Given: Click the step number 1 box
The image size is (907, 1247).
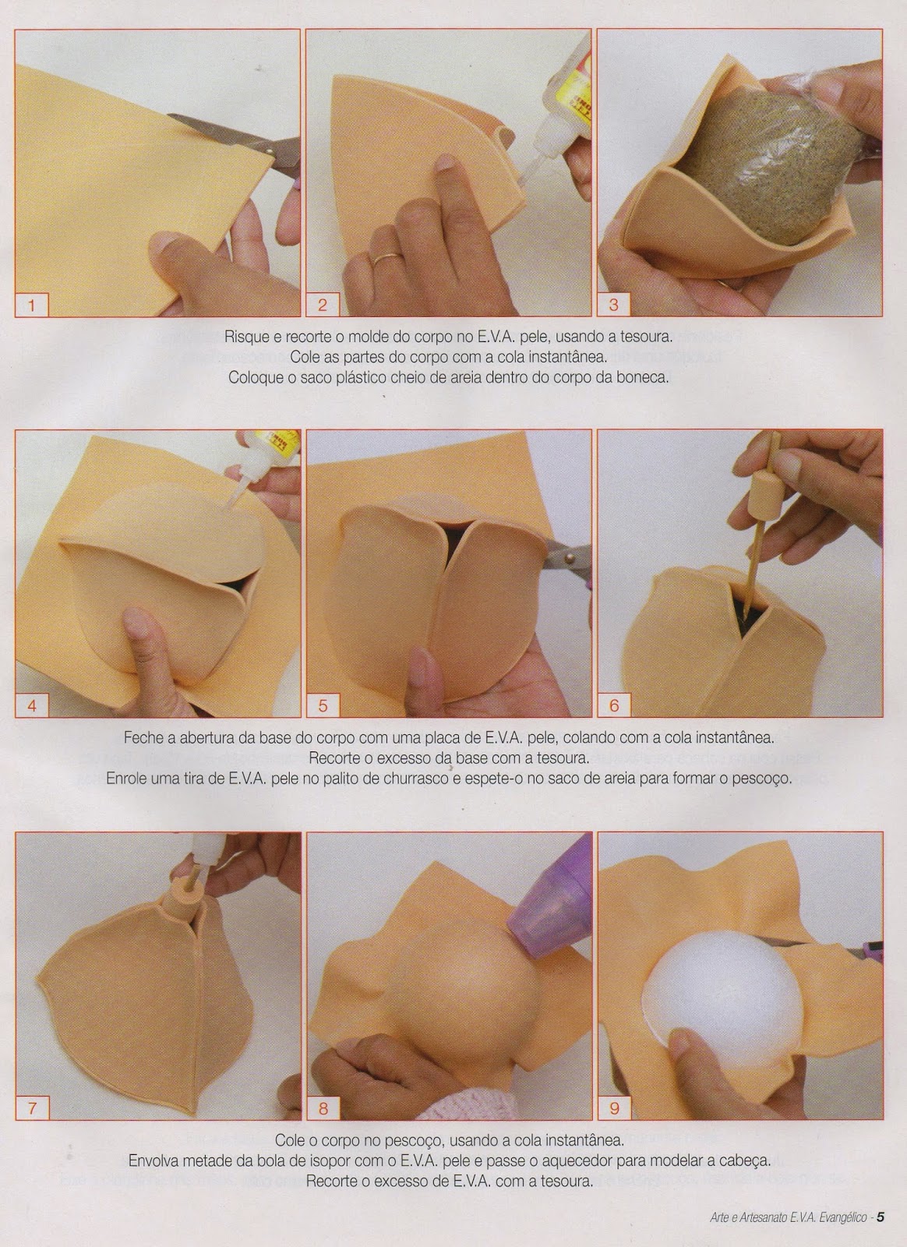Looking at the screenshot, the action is click(x=32, y=305).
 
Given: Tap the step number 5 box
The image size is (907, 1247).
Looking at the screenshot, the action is click(x=323, y=706).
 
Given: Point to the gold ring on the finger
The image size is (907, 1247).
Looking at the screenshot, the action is click(x=385, y=258).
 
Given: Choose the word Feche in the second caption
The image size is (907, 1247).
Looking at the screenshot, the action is click(x=143, y=739).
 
